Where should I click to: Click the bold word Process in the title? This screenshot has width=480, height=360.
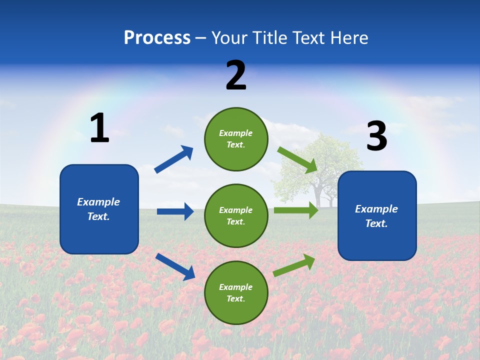(157, 38)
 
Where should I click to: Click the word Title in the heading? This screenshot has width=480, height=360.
(270, 38)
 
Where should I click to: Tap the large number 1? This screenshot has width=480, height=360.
(99, 128)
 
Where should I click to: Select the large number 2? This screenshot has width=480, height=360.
(236, 75)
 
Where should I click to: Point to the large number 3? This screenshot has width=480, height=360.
(376, 136)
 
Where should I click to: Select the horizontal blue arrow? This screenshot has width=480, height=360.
(175, 211)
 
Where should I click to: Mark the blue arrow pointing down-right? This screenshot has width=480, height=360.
(175, 266)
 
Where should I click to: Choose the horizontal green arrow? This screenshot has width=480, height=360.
(296, 210)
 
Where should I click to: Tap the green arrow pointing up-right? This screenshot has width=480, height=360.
(294, 265)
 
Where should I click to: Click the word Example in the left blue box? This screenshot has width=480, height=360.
(98, 202)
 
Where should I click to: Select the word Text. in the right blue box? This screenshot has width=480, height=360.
(376, 223)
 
